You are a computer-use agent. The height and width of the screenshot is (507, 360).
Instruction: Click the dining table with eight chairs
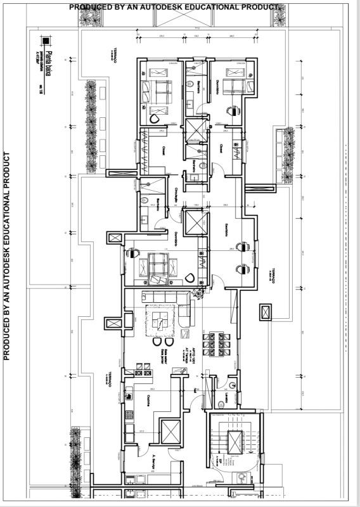point(212,343)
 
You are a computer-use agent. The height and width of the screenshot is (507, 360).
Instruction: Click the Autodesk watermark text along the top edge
point(174,6)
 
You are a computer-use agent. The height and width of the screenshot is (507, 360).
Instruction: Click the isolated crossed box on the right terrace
point(265,313)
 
